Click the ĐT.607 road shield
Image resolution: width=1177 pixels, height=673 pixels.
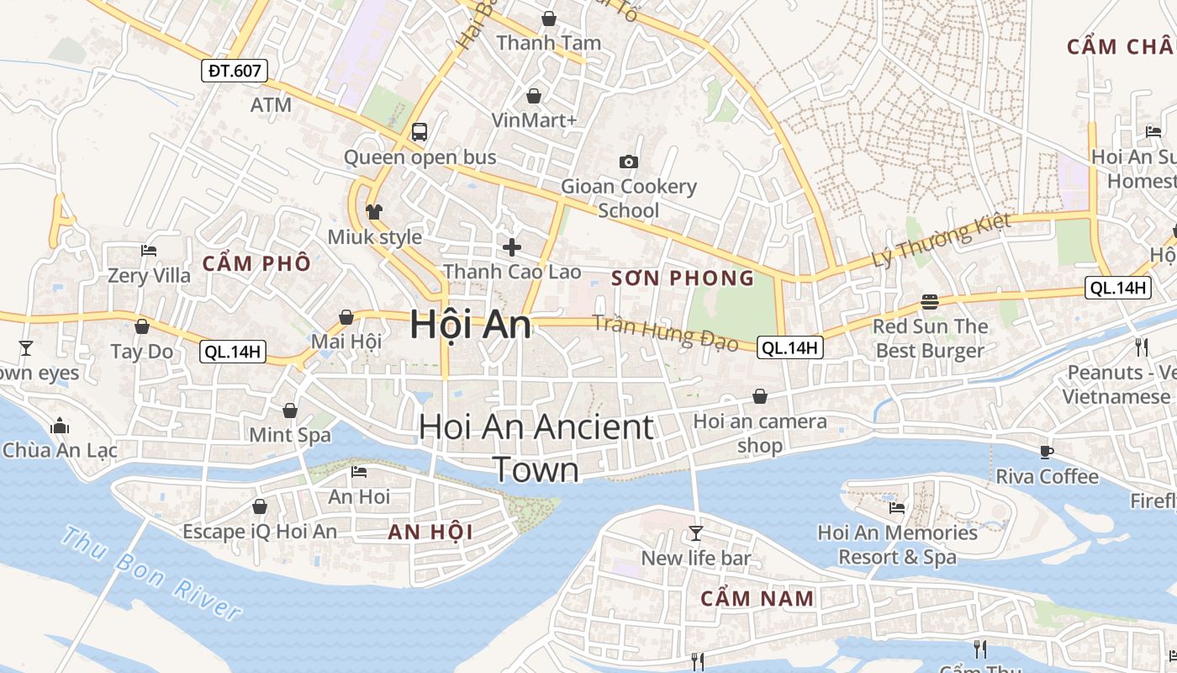[x=235, y=71]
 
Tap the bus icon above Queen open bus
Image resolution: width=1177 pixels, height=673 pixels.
[x=420, y=132]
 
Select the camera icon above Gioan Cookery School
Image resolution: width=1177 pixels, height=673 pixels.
[x=628, y=162]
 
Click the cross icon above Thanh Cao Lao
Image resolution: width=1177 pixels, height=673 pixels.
[x=511, y=246]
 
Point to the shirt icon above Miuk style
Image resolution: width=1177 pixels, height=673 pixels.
[x=374, y=211]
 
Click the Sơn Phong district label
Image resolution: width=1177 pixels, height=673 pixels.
[x=683, y=278]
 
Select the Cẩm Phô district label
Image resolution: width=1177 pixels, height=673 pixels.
[x=256, y=263]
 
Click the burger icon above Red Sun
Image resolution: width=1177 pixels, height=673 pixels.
[x=930, y=301]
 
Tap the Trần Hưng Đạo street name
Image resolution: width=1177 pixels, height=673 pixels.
[x=665, y=333]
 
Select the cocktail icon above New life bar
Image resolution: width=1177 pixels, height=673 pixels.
[x=695, y=533]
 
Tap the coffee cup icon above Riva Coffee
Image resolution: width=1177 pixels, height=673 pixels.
[x=1047, y=452]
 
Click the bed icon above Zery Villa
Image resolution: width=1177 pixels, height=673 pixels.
[x=149, y=251]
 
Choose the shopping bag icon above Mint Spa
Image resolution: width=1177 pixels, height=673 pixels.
[x=290, y=411]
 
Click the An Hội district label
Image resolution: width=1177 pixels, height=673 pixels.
[x=430, y=532]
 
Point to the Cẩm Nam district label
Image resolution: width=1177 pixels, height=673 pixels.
[x=757, y=599]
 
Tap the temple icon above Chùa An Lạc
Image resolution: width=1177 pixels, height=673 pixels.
[x=60, y=426]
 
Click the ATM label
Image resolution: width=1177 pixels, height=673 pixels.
[x=271, y=105]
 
